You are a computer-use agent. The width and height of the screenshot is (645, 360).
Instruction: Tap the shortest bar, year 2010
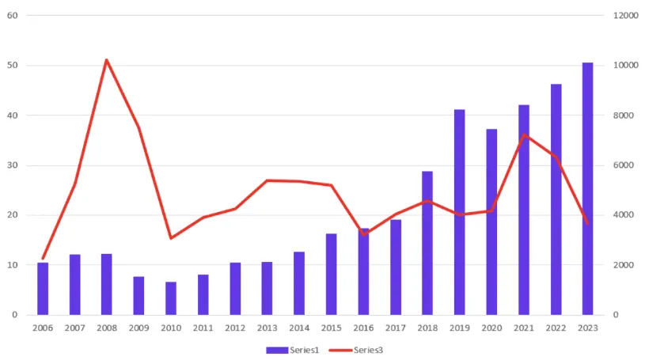pos(171,298)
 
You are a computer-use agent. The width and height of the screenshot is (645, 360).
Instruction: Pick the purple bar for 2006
pos(43,289)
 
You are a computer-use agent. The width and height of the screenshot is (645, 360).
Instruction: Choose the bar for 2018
pos(427,243)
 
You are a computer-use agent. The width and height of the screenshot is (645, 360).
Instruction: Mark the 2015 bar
pos(332,274)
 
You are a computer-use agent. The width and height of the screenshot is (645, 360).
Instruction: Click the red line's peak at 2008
pos(107,60)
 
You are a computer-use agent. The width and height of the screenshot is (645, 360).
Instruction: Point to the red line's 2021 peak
pos(524,135)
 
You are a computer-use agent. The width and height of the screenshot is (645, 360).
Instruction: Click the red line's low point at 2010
pos(171,238)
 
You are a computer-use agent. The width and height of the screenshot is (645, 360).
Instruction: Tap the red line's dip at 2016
pos(363,234)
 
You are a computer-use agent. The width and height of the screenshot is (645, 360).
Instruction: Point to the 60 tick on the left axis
pos(13,15)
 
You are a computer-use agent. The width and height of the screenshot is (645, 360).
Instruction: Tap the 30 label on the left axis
pos(13,165)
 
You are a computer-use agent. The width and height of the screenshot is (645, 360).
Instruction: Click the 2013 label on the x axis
pos(267,327)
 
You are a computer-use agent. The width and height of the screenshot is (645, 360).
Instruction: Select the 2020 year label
pos(491,327)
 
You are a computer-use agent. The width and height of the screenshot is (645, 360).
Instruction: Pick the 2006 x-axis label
pos(43,327)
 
